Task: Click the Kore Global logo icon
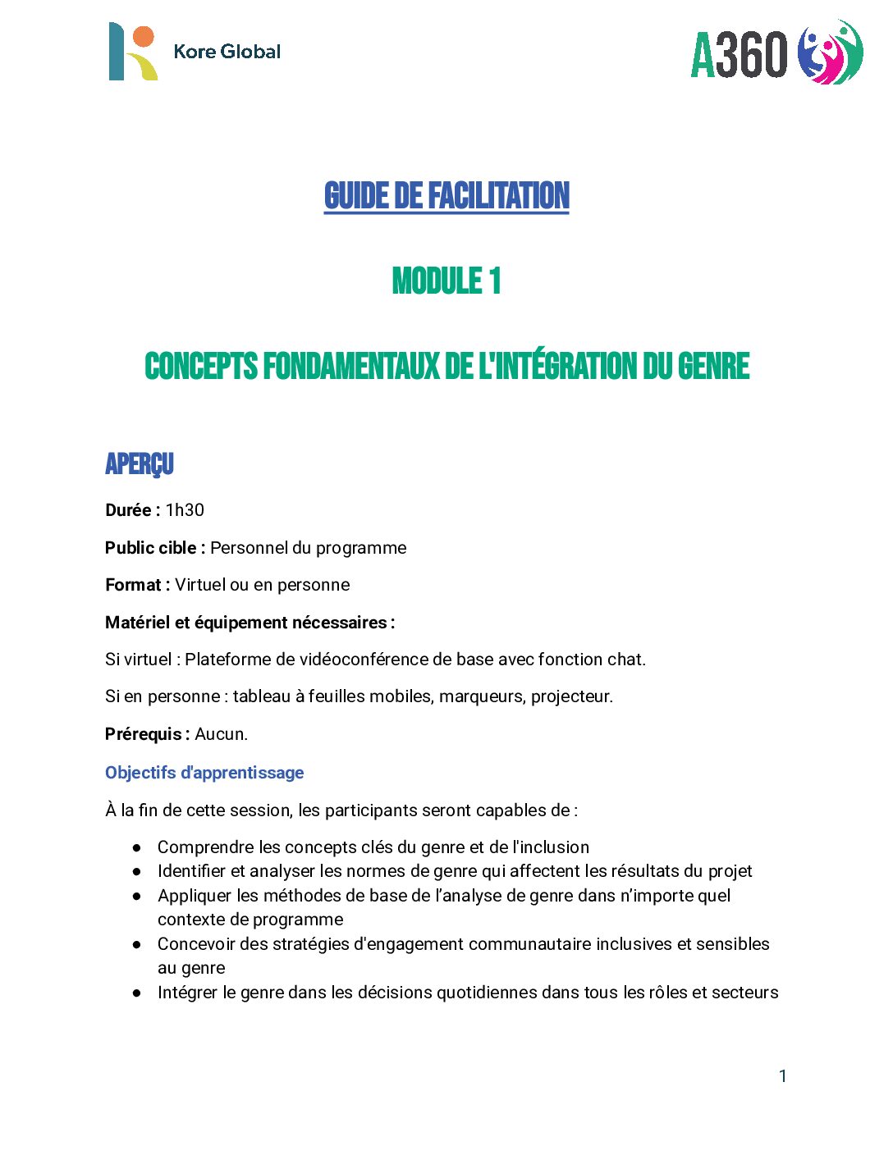pyautogui.click(x=132, y=52)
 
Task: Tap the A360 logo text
pyautogui.click(x=739, y=55)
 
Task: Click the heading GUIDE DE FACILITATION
pyautogui.click(x=446, y=196)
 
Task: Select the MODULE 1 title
pyautogui.click(x=446, y=281)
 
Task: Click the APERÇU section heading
pyautogui.click(x=140, y=464)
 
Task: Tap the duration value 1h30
pyautogui.click(x=185, y=510)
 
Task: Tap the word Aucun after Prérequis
pyautogui.click(x=220, y=734)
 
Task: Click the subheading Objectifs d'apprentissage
pyautogui.click(x=204, y=773)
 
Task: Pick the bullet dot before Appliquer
pyautogui.click(x=137, y=896)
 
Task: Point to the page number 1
pyautogui.click(x=783, y=1076)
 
